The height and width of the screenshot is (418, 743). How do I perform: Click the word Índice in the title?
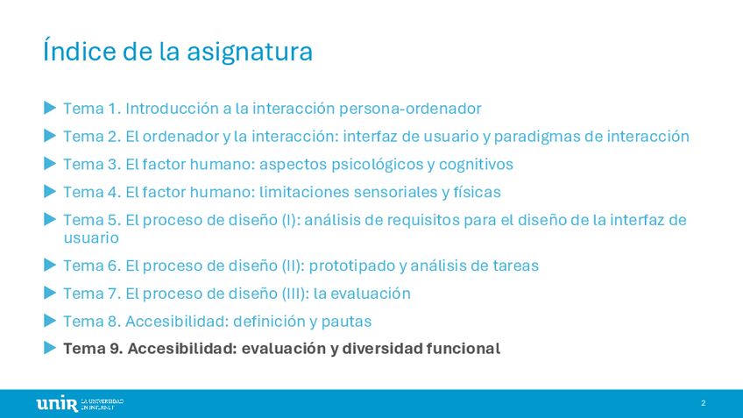tap(79, 51)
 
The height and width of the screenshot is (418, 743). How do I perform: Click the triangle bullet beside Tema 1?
tap(50, 108)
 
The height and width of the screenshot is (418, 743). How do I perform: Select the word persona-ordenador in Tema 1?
tap(410, 109)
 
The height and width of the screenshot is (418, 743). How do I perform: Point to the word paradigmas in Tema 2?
tap(536, 137)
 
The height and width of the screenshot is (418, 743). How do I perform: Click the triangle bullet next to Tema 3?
tap(50, 164)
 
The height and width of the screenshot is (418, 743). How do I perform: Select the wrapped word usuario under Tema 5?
tap(91, 237)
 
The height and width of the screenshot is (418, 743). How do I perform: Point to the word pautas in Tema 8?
tap(346, 322)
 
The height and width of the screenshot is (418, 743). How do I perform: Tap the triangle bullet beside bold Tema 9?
tap(50, 347)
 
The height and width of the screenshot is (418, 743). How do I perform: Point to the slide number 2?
tap(704, 403)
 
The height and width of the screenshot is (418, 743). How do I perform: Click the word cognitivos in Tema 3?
tap(476, 165)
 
